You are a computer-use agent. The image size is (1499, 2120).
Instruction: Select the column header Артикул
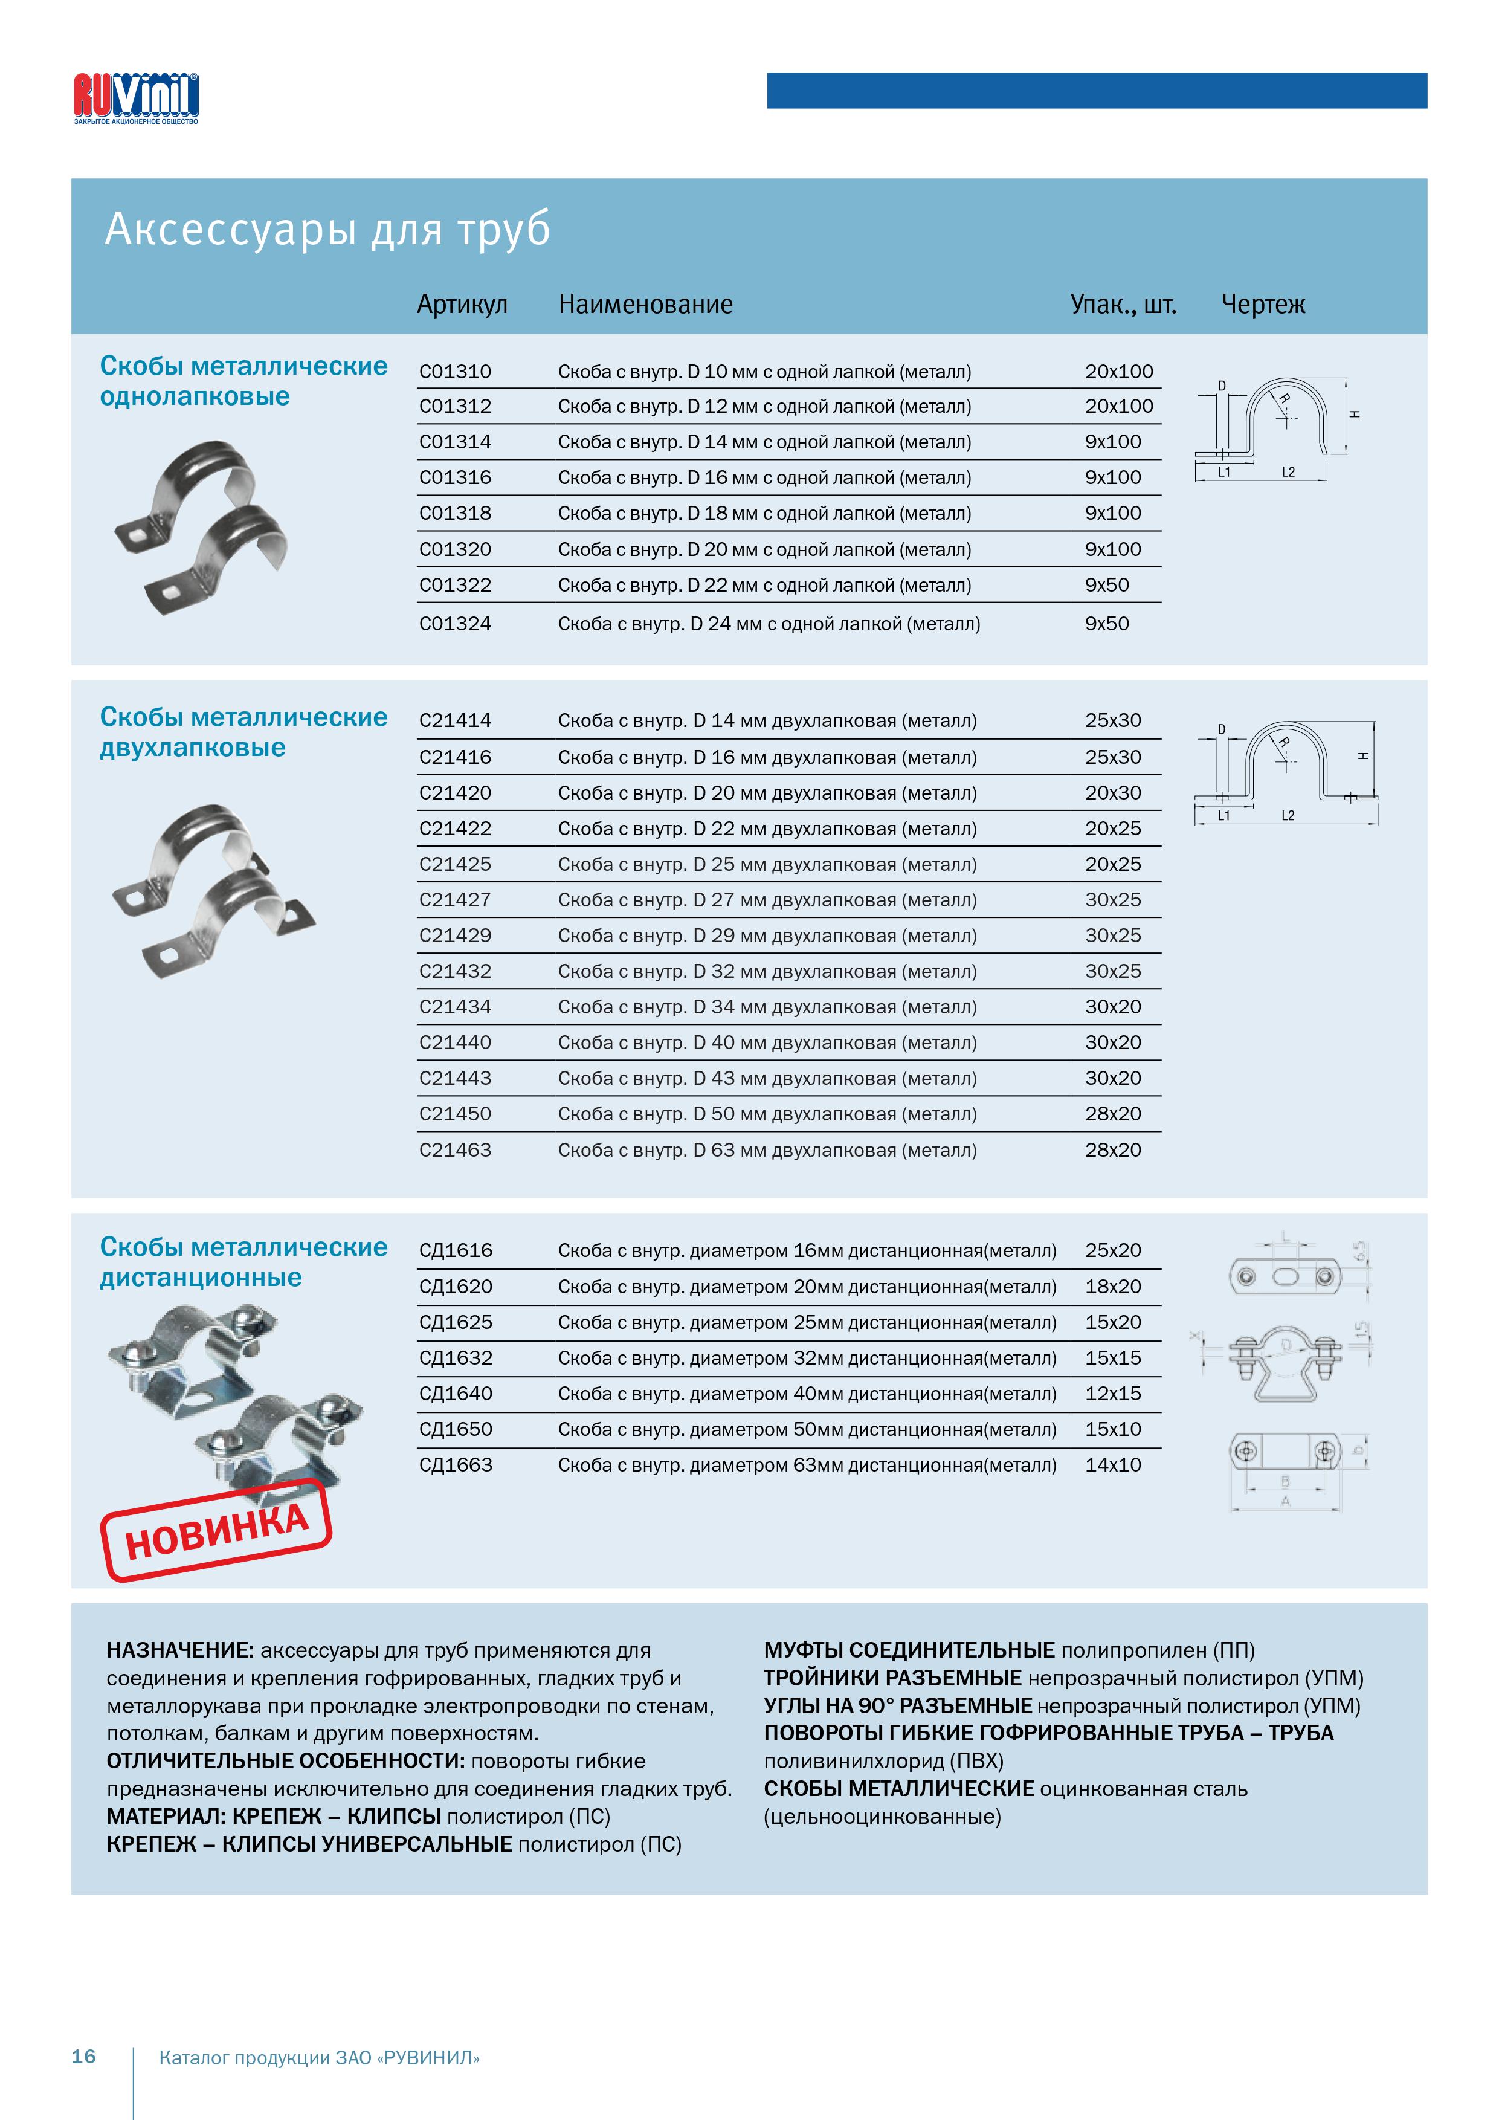pyautogui.click(x=462, y=304)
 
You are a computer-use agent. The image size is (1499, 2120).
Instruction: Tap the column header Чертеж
pyautogui.click(x=1263, y=304)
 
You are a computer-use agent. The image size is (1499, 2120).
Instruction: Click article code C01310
pyautogui.click(x=455, y=372)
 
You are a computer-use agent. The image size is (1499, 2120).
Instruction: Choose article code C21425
pyautogui.click(x=455, y=864)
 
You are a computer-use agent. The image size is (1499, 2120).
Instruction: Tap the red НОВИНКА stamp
pyautogui.click(x=216, y=1531)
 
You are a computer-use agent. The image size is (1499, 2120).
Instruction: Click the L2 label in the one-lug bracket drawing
pyautogui.click(x=1289, y=473)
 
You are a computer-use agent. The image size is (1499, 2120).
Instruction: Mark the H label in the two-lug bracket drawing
pyautogui.click(x=1363, y=756)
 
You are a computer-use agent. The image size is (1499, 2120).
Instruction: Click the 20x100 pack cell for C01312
pyautogui.click(x=1119, y=406)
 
